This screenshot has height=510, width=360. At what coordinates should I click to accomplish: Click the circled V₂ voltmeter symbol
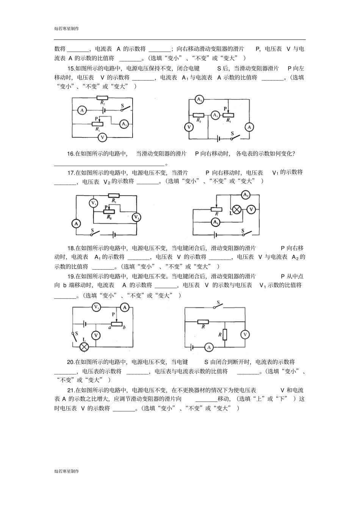click(x=136, y=217)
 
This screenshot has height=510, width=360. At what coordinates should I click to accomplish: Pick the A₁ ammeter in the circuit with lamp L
click(x=216, y=222)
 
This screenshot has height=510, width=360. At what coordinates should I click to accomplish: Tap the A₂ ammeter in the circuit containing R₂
click(x=199, y=100)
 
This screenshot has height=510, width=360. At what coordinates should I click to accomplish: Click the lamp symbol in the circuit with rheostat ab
click(x=84, y=346)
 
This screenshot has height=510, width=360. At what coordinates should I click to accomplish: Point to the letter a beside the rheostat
click(x=110, y=327)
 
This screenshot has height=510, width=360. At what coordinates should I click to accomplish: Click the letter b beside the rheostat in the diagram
click(x=124, y=327)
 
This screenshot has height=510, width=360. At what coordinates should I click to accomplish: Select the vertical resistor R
click(x=225, y=334)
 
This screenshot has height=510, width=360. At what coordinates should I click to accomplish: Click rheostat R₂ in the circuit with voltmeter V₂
click(x=109, y=212)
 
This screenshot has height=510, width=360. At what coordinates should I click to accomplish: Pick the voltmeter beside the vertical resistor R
click(x=245, y=334)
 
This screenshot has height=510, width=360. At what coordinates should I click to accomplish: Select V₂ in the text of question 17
click(x=107, y=182)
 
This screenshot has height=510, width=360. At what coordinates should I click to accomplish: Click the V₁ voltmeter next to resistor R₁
click(x=93, y=203)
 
